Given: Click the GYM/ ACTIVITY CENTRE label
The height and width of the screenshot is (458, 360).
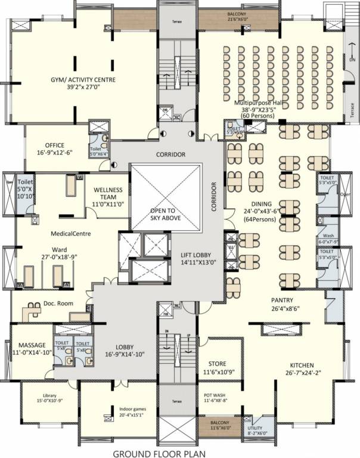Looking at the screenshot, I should pos(83,79).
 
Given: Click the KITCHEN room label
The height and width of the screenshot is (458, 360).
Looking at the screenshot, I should pos(306,365).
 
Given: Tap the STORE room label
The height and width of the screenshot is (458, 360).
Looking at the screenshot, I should pos(216,363).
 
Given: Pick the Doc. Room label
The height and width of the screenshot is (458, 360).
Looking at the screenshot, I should pos(58,304).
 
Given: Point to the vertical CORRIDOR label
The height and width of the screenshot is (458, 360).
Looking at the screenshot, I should pos(213,197).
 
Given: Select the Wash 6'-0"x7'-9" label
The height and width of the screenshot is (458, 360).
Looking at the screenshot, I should pos(328,236).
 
